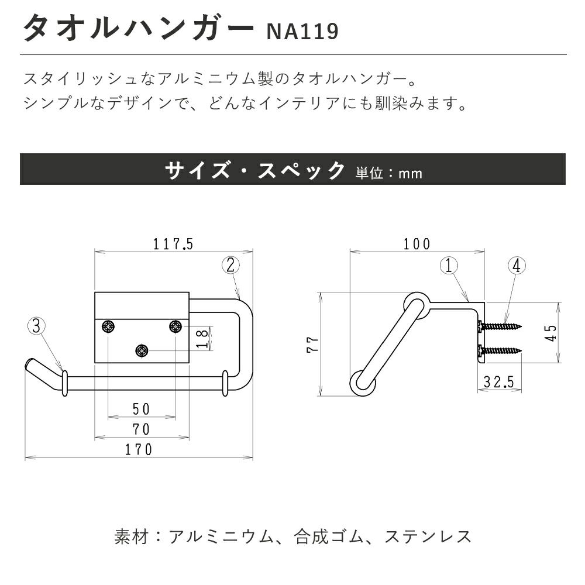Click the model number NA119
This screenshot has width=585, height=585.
[302, 32]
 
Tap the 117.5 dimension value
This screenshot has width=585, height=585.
[173, 244]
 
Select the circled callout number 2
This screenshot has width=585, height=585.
[230, 265]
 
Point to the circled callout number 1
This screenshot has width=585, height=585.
[449, 266]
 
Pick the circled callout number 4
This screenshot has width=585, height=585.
[516, 266]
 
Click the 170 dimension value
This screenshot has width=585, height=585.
[139, 449]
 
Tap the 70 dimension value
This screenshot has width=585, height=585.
[142, 429]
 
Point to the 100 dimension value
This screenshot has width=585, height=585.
[417, 244]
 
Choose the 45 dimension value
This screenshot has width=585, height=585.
[550, 332]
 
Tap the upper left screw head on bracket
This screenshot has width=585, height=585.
[108, 327]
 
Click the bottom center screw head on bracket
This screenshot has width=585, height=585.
[142, 350]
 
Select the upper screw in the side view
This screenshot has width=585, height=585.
[500, 326]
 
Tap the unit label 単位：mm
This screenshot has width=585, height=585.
[389, 173]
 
